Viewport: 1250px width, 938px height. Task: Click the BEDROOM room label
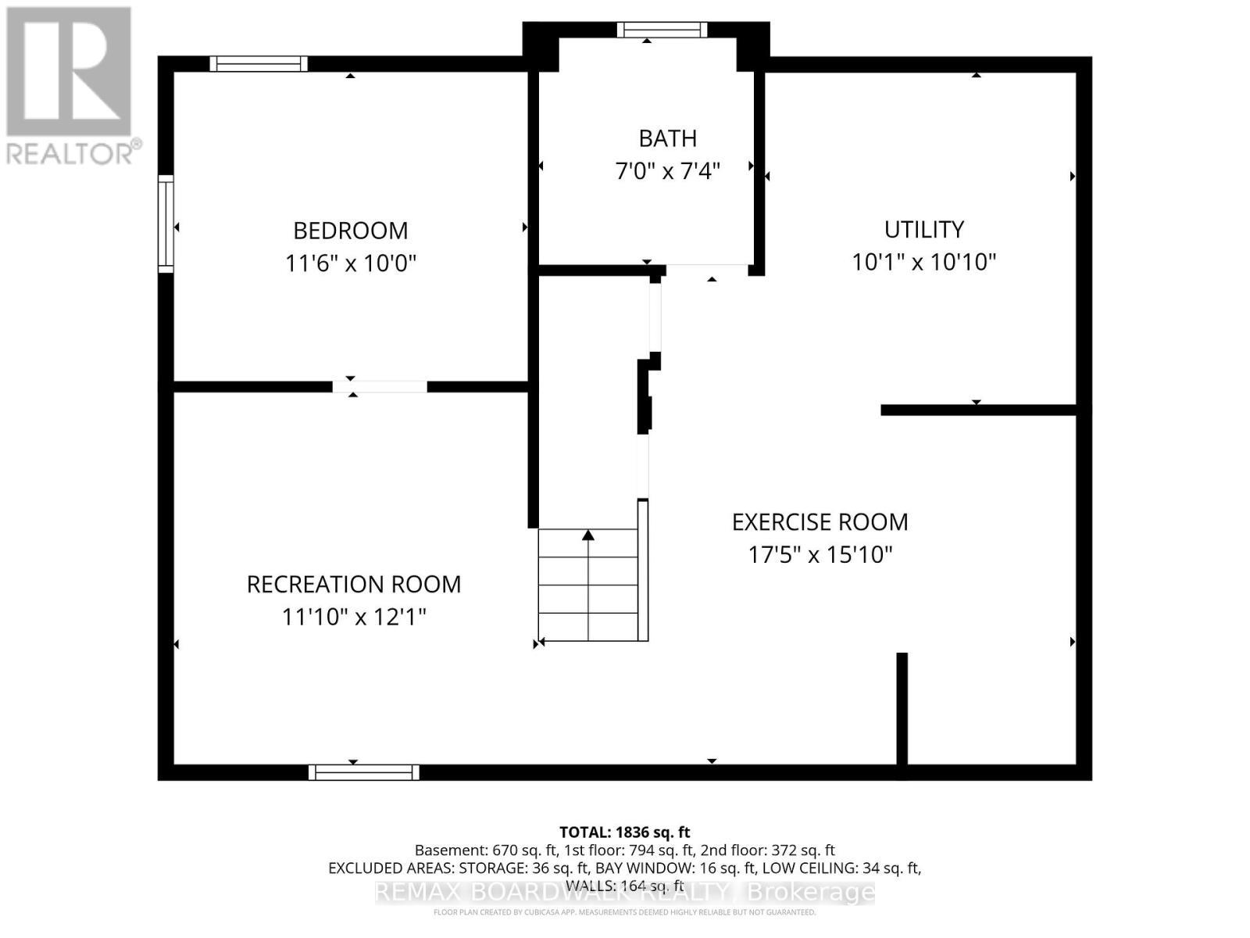[350, 231]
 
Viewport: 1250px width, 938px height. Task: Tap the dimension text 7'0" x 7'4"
[667, 170]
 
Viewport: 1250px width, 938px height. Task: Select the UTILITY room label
[923, 229]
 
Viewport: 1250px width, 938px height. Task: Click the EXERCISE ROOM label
[820, 522]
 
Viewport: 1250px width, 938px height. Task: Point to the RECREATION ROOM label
[353, 585]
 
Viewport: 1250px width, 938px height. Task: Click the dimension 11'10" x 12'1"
[353, 618]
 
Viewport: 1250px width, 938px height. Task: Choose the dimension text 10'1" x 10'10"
[923, 262]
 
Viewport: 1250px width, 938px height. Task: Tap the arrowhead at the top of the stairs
[588, 535]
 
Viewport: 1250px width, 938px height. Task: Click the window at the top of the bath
[662, 30]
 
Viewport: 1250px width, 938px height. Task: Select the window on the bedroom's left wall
[166, 224]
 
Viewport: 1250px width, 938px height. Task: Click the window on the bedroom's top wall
[258, 64]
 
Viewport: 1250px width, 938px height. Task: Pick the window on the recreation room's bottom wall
[363, 772]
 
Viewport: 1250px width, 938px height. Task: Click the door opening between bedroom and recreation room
[380, 386]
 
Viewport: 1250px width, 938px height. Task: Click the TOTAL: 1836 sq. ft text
[624, 832]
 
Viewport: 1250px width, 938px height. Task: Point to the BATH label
[667, 138]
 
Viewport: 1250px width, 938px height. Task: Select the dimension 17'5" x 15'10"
[820, 555]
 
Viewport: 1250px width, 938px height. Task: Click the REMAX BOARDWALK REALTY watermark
[624, 892]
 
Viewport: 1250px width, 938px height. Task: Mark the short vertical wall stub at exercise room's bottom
[902, 707]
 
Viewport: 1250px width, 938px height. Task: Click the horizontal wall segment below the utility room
[978, 410]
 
